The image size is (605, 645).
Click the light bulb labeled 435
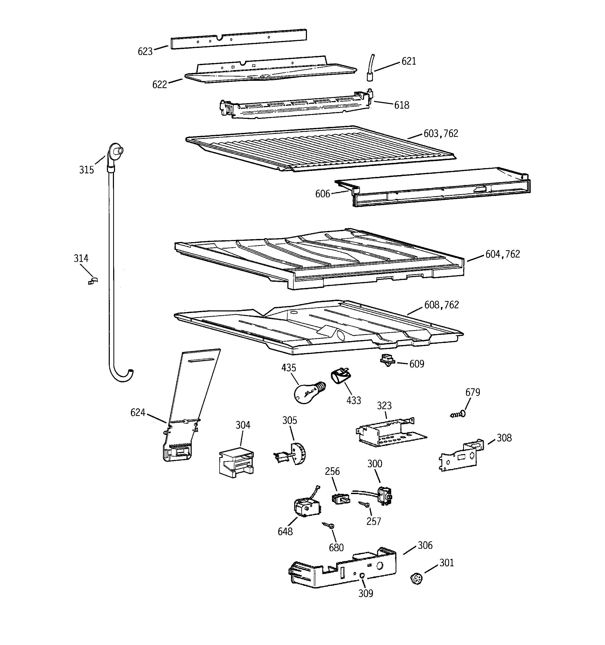tap(307, 392)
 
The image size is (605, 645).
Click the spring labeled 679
tap(458, 414)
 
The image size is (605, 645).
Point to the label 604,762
tap(502, 254)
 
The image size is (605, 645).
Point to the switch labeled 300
tap(384, 496)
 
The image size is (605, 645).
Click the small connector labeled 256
tap(341, 498)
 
